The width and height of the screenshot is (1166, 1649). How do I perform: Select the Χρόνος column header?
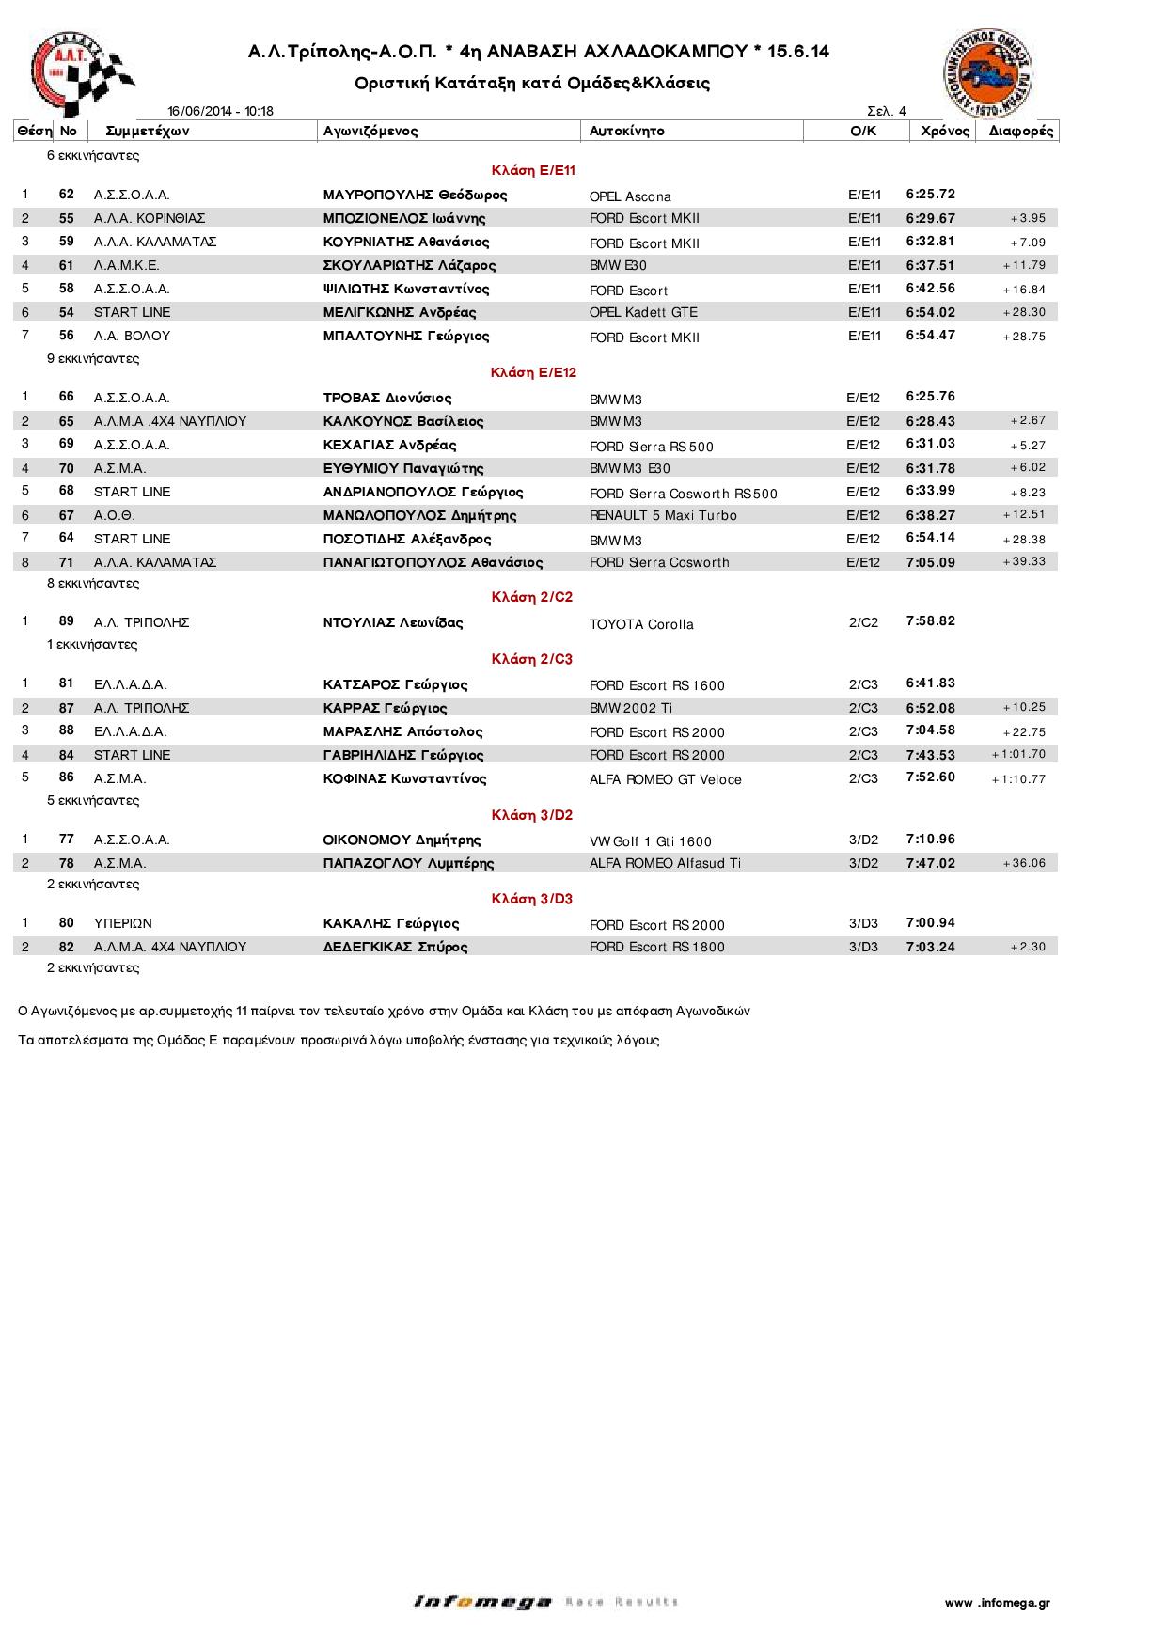[x=945, y=132]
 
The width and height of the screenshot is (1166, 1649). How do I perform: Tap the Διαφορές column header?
[x=1021, y=132]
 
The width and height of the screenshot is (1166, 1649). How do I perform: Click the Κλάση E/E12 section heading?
[x=533, y=373]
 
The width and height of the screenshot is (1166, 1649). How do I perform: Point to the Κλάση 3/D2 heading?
[x=532, y=815]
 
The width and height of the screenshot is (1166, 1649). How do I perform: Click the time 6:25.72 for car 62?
[x=931, y=195]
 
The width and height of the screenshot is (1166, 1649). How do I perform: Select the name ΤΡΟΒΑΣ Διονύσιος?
[x=387, y=398]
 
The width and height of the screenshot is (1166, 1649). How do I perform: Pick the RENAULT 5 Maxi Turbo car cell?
[x=663, y=515]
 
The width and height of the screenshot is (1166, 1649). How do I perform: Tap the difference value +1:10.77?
[x=1018, y=779]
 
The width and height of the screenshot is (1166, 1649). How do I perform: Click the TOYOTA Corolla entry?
[x=641, y=624]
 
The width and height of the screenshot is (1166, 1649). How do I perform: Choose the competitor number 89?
[x=66, y=621]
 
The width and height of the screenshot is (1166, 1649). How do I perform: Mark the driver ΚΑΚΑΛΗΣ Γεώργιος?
[x=391, y=923]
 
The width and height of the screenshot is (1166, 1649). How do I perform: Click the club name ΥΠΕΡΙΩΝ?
[x=123, y=923]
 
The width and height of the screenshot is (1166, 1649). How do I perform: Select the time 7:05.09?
[x=931, y=562]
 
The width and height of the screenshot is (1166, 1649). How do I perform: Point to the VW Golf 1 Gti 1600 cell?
[x=651, y=841]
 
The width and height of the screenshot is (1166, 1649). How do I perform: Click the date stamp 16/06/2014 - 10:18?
[x=221, y=111]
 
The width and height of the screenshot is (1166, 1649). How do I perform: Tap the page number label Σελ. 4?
[x=887, y=111]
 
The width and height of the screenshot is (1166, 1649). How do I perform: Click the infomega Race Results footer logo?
[x=545, y=1602]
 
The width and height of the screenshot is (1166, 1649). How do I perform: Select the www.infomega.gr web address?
[x=998, y=1603]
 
